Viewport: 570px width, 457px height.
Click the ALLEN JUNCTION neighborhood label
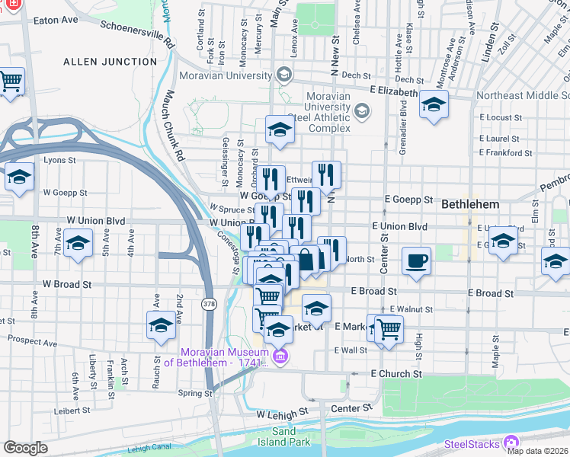coord(99,61)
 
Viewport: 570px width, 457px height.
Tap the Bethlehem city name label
coord(470,205)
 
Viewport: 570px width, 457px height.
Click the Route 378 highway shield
coord(209,304)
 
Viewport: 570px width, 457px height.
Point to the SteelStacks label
coord(470,443)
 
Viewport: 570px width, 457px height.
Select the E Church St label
coord(396,374)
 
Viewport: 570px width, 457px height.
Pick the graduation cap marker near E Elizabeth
coord(434,106)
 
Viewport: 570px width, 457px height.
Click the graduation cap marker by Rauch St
coord(161,325)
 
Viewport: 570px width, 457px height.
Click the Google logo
coord(25,448)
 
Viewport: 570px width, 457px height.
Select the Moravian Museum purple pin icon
coord(280,356)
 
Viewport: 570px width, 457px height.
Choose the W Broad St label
coord(67,283)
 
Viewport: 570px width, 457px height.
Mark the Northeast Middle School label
coord(523,96)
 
